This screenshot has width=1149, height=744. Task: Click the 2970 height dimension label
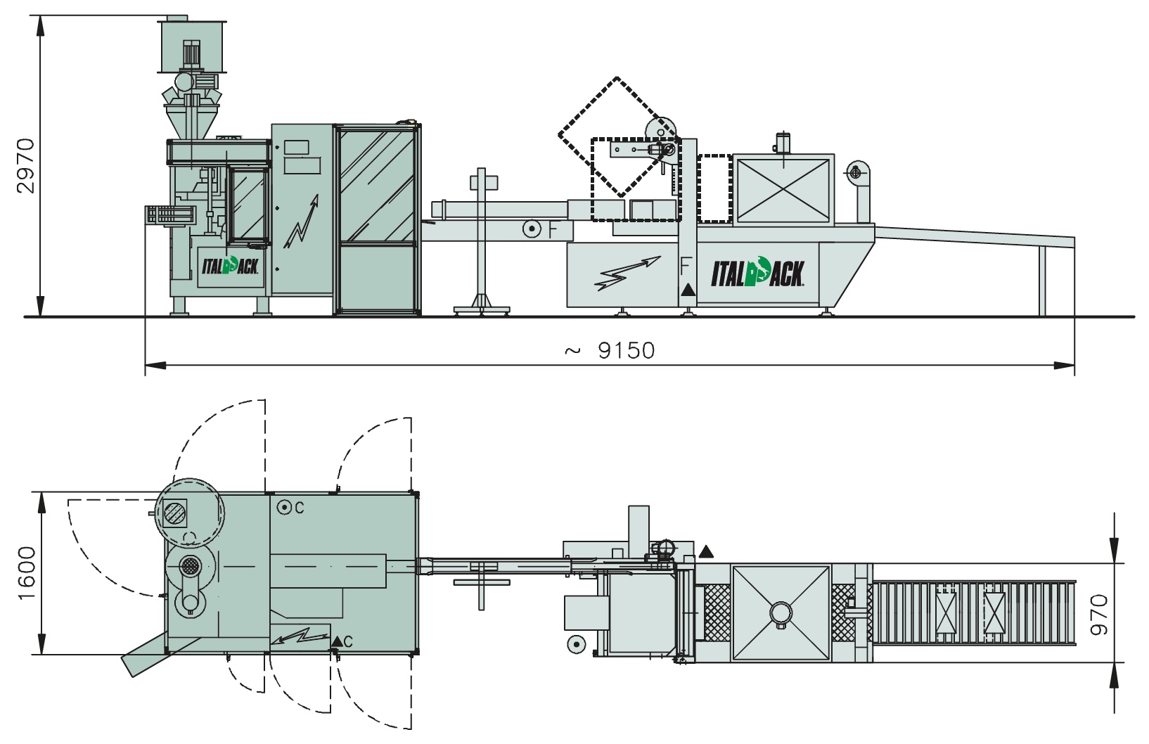(25, 165)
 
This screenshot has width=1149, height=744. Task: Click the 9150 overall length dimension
(627, 351)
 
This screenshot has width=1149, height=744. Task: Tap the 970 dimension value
(1099, 615)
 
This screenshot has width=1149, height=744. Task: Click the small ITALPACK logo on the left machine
(230, 266)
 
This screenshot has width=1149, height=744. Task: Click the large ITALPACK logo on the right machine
(757, 273)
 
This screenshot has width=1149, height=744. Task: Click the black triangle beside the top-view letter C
(337, 641)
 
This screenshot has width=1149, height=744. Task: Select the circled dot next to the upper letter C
(283, 508)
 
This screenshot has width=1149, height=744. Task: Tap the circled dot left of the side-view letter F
(532, 229)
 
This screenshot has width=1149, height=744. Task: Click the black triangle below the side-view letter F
(688, 290)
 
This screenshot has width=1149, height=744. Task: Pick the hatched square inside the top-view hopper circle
(175, 513)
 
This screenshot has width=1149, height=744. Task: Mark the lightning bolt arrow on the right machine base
(627, 273)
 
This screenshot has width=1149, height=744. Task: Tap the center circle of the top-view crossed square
(781, 612)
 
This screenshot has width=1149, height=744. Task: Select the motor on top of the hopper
(192, 53)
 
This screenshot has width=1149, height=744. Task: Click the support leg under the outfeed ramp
(1042, 281)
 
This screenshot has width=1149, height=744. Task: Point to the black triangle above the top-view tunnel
(706, 552)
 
